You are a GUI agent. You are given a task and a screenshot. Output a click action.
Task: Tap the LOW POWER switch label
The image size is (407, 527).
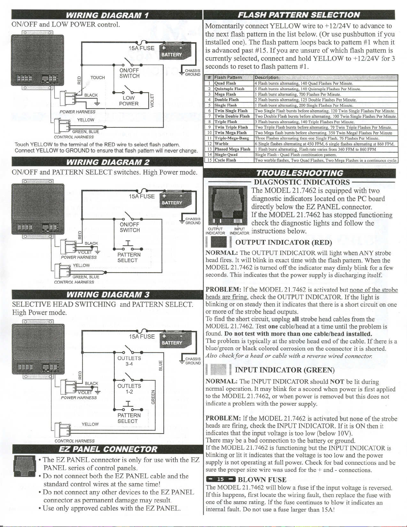129,101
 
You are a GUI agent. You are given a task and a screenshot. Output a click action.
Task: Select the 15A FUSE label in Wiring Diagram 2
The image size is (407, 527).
142,196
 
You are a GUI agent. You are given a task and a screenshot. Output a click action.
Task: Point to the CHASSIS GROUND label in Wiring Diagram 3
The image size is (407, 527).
193,361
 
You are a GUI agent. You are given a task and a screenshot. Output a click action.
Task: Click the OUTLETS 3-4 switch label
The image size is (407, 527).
129,361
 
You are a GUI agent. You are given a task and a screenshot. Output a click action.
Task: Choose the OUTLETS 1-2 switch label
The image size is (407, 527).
129,389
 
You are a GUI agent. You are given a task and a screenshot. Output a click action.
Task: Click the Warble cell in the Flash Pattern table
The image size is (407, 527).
222,144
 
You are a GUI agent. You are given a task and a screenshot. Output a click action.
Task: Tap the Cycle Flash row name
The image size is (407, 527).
225,160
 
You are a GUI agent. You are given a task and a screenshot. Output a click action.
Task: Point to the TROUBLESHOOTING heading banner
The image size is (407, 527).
299,173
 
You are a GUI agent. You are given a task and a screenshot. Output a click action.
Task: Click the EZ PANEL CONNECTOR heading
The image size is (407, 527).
108,450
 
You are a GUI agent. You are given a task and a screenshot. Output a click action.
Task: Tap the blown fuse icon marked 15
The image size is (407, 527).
221,479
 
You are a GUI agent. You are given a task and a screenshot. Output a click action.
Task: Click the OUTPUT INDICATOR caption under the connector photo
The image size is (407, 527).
215,231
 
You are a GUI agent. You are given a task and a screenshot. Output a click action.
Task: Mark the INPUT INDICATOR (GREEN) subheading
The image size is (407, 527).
285,370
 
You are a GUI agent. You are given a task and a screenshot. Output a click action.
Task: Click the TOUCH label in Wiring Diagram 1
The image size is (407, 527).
98,77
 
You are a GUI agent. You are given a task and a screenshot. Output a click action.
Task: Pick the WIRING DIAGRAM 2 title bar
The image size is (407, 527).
107,162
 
